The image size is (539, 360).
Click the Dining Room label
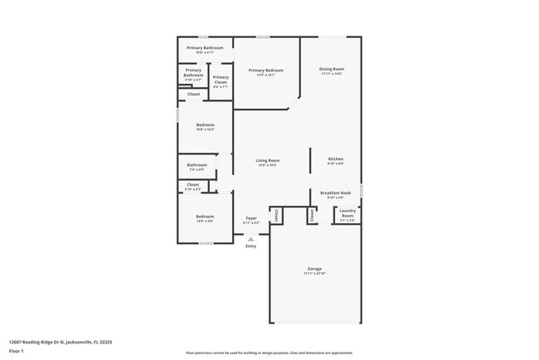coord(332,71)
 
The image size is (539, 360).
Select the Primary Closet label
coord(221,80)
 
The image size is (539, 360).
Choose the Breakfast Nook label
coord(335,194)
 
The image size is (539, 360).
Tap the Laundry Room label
coord(347,212)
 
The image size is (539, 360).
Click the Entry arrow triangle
coord(250,239)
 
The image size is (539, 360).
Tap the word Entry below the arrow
coord(250,246)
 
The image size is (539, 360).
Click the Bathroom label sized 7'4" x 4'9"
coord(197,166)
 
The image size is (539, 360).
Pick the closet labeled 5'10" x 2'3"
coord(193,187)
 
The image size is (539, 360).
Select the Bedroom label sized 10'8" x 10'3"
coord(205,127)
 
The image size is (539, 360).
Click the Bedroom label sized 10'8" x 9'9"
coord(205,218)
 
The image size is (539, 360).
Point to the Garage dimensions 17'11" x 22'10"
coord(315,274)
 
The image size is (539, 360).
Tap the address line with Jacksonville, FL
coord(60,341)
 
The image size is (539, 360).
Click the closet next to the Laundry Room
coord(312,215)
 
